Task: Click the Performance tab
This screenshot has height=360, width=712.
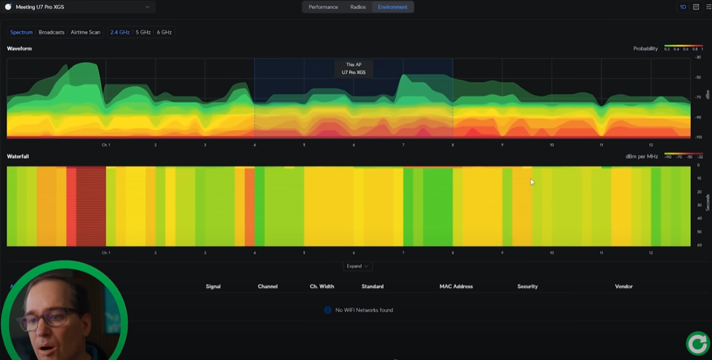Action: [x=323, y=7]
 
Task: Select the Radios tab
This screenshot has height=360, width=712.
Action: [x=358, y=7]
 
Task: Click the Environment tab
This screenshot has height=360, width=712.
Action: [x=392, y=7]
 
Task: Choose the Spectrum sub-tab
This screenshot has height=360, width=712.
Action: [x=21, y=32]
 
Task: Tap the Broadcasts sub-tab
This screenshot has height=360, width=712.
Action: [x=51, y=32]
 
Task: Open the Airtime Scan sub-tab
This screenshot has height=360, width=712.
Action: [x=85, y=32]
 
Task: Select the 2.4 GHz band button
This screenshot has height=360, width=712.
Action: [x=120, y=32]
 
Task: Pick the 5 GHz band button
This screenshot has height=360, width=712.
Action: [x=143, y=32]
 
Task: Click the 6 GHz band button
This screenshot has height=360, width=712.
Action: [x=164, y=32]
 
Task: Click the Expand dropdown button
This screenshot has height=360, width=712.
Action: [x=357, y=266]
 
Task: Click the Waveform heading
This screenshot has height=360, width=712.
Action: [x=19, y=48]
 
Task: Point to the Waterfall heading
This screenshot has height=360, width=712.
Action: [x=18, y=156]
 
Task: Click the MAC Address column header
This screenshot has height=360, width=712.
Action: [x=456, y=287]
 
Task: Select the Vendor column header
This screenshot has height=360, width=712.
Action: [x=624, y=287]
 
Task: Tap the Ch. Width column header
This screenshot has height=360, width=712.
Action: [x=322, y=287]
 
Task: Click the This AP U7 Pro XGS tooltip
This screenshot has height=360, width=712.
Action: [x=353, y=69]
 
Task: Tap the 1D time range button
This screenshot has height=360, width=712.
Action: [x=683, y=7]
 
